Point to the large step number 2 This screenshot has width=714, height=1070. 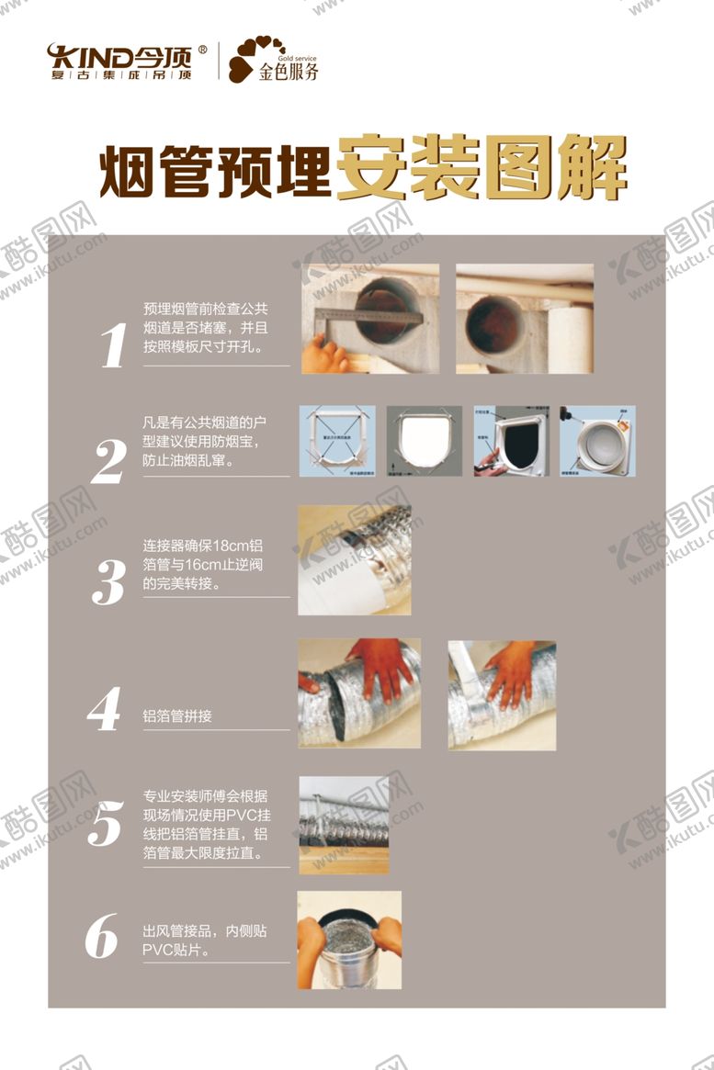(108, 463)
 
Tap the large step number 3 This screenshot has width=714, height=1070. (108, 581)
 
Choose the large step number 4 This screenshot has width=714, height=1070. (104, 710)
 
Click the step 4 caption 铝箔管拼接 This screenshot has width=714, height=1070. (177, 715)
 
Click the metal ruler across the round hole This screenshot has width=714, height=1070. (368, 315)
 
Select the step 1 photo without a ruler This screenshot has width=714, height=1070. (524, 319)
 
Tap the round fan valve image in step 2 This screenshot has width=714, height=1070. (597, 443)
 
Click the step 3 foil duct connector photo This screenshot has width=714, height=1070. (354, 560)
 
